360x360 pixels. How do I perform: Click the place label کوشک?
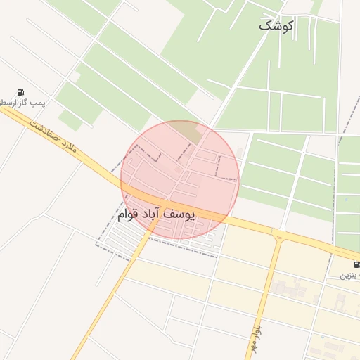click(275, 25)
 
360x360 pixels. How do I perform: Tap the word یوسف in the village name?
click(181, 212)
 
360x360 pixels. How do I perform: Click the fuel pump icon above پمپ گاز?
click(21, 92)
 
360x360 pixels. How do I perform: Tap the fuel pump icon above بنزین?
click(356, 265)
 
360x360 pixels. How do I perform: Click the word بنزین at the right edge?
click(352, 276)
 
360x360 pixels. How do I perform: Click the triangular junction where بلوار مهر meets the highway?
click(278, 235)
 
